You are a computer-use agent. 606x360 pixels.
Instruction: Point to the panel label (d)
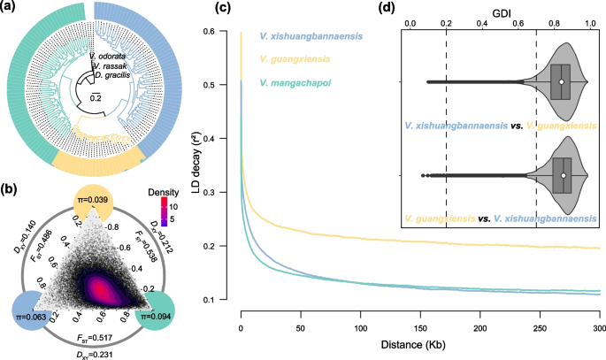pos(383,9)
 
